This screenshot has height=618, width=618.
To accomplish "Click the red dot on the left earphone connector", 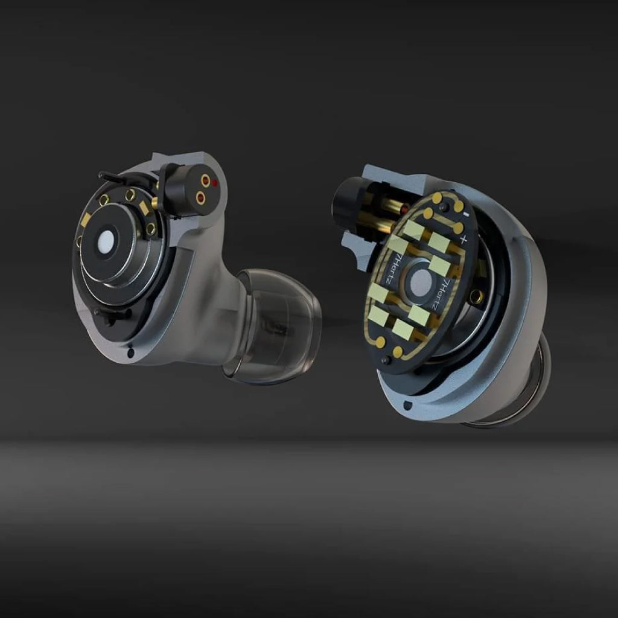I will pos(215,182).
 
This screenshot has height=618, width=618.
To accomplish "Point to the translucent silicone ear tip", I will pos(278,326).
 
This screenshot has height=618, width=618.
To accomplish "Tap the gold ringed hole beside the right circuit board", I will pos(476,296).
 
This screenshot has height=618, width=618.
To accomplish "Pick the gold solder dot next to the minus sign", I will pos(458,206).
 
